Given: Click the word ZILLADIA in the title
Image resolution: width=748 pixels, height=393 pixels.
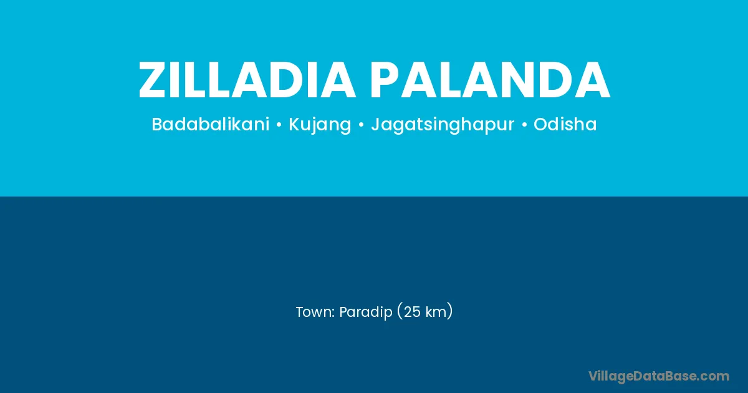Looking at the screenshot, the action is pyautogui.click(x=247, y=80).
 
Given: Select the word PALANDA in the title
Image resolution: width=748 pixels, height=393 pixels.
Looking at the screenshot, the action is pyautogui.click(x=490, y=80).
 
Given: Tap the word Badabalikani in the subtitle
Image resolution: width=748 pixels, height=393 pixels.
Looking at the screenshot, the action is pyautogui.click(x=211, y=124).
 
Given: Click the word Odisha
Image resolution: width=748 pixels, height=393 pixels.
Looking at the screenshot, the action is pyautogui.click(x=565, y=124).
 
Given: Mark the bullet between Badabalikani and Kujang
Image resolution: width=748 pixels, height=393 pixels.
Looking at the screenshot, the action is pyautogui.click(x=279, y=125).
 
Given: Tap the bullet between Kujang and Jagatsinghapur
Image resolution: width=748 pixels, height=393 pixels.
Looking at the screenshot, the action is pyautogui.click(x=361, y=125).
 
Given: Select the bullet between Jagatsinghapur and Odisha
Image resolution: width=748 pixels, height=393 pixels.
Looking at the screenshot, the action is pyautogui.click(x=524, y=125).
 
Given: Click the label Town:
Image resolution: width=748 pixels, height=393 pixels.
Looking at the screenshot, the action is pyautogui.click(x=315, y=312).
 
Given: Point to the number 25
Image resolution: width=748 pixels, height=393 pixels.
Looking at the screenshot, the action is pyautogui.click(x=412, y=312).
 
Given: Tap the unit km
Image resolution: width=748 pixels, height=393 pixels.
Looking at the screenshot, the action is pyautogui.click(x=436, y=312).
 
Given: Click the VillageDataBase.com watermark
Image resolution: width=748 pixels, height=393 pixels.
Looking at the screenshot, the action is pyautogui.click(x=659, y=377).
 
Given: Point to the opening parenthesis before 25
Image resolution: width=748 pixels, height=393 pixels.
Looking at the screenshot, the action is pyautogui.click(x=400, y=312).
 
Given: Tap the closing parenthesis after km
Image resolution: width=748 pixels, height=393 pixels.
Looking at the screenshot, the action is pyautogui.click(x=450, y=312).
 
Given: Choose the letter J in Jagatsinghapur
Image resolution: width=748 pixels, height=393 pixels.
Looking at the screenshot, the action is pyautogui.click(x=375, y=125).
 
